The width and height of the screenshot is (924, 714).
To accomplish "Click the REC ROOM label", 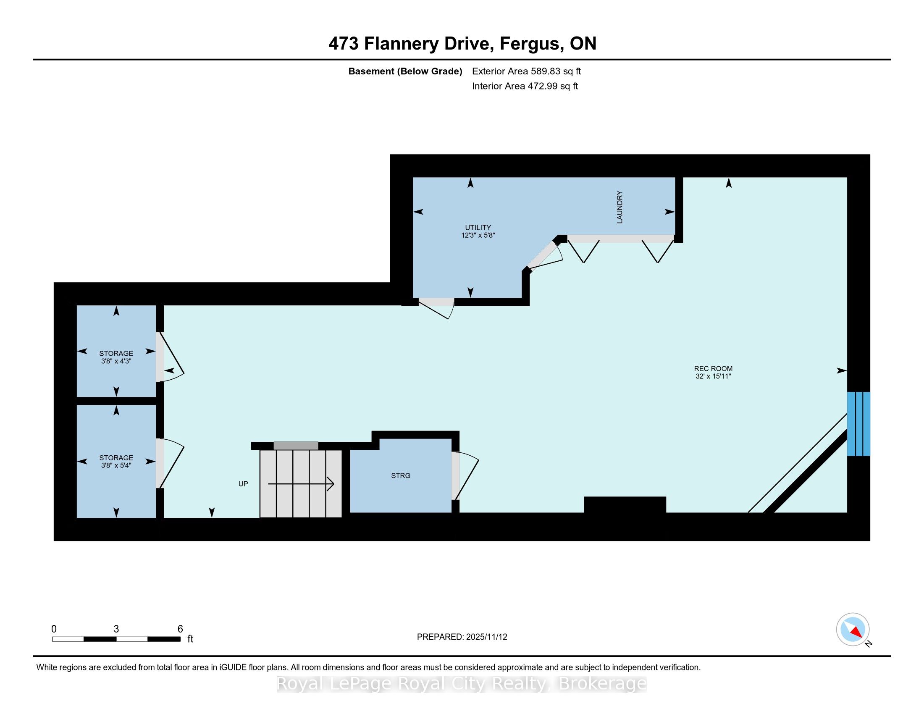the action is [713, 368].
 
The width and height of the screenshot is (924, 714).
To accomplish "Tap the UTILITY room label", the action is [478, 228].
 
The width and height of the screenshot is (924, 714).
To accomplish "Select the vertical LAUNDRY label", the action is [620, 207].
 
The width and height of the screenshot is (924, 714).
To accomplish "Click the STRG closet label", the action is [401, 475].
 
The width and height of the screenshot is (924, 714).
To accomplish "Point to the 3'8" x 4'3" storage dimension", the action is [116, 361].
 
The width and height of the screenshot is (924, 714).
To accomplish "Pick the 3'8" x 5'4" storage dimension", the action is [116, 465].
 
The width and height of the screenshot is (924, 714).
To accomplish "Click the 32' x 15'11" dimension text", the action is [713, 376].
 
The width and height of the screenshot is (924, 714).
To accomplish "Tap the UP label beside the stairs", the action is [243, 484].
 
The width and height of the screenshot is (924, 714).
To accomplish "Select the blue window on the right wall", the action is [858, 424].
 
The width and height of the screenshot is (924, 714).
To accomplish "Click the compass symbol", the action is [853, 630].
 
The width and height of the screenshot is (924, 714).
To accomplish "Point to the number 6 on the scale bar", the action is [180, 629].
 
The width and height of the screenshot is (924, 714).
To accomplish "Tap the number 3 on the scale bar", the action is [116, 629].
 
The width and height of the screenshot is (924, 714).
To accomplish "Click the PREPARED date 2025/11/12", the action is [486, 637].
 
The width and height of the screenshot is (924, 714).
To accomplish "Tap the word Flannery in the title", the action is [401, 44].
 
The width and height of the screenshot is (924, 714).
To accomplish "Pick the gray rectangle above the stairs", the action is [296, 446].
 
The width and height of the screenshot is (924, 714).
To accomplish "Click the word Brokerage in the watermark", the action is [603, 683].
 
